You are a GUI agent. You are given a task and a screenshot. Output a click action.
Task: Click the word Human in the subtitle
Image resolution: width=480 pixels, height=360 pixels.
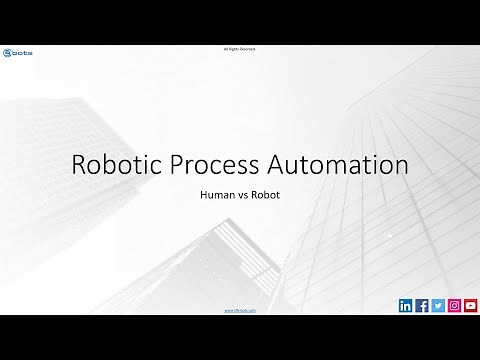pyautogui.click(x=217, y=195)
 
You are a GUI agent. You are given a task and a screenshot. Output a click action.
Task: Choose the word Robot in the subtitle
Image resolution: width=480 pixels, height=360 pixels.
pyautogui.click(x=266, y=195)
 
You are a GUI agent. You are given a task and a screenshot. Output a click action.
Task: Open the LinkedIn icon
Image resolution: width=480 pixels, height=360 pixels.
pyautogui.click(x=405, y=306)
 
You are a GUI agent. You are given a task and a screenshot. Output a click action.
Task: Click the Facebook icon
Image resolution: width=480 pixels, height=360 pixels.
pyautogui.click(x=421, y=306)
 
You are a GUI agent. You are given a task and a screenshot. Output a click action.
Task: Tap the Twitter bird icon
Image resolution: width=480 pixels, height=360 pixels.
pyautogui.click(x=437, y=306)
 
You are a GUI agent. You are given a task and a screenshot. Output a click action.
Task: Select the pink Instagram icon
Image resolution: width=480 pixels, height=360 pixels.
pyautogui.click(x=454, y=306)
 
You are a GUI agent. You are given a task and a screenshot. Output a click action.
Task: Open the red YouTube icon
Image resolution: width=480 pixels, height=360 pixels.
pyautogui.click(x=470, y=306)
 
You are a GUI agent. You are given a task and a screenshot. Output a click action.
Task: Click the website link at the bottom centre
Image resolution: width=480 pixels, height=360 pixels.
pyautogui.click(x=240, y=311)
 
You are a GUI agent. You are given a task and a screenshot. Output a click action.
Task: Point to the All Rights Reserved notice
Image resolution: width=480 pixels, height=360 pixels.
pyautogui.click(x=240, y=48)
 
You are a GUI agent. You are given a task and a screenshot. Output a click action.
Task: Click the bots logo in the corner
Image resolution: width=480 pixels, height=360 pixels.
pyautogui.click(x=18, y=52)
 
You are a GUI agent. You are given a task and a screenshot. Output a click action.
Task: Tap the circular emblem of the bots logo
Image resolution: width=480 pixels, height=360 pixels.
pyautogui.click(x=8, y=52)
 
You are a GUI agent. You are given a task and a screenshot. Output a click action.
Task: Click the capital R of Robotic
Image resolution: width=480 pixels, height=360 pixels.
pyautogui.click(x=79, y=165)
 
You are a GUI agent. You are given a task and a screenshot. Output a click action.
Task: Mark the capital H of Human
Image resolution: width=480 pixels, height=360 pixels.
pyautogui.click(x=205, y=195)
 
